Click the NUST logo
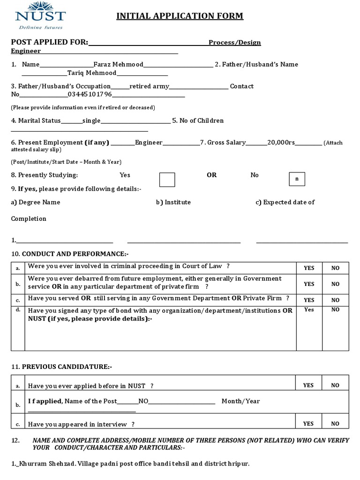[x=40, y=15]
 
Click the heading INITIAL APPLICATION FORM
[x=180, y=16]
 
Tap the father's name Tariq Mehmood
[x=92, y=73]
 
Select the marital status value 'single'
[x=91, y=120]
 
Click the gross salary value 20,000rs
[x=281, y=142]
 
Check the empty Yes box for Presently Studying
[x=167, y=180]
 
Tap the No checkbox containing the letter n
[x=297, y=179]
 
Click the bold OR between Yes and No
[x=211, y=175]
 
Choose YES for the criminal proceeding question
[x=309, y=268]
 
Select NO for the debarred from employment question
[x=335, y=284]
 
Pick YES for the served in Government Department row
[x=309, y=300]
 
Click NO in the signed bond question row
[x=335, y=309]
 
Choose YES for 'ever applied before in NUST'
[x=308, y=385]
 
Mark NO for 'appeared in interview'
[x=335, y=423]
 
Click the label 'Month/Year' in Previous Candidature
[x=240, y=401]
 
